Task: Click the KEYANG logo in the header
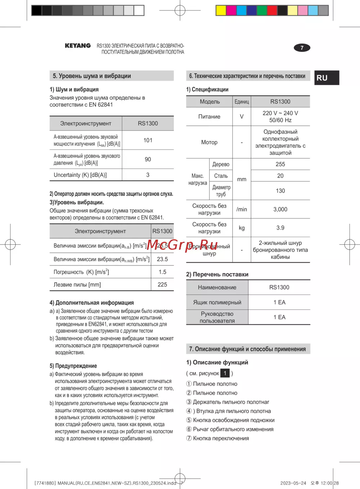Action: pyautogui.click(x=78, y=46)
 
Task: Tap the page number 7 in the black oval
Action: pyautogui.click(x=302, y=48)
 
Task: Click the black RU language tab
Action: pyautogui.click(x=327, y=78)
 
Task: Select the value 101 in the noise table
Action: pyautogui.click(x=148, y=140)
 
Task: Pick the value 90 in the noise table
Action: pyautogui.click(x=148, y=159)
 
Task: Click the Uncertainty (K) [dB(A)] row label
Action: pyautogui.click(x=80, y=175)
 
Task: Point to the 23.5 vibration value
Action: pyautogui.click(x=162, y=259)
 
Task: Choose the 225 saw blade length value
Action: pyautogui.click(x=162, y=285)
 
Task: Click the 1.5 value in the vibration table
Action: pyautogui.click(x=162, y=272)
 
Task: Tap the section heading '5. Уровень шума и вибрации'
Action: pyautogui.click(x=92, y=76)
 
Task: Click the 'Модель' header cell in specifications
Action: pyautogui.click(x=210, y=102)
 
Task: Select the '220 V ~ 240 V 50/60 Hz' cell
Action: pyautogui.click(x=280, y=117)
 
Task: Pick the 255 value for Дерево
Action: pyautogui.click(x=280, y=164)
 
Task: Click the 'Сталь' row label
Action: pyautogui.click(x=221, y=176)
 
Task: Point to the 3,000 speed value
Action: pyautogui.click(x=280, y=209)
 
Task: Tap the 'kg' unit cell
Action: pyautogui.click(x=242, y=228)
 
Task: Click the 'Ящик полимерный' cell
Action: pyautogui.click(x=217, y=302)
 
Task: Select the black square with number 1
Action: pyautogui.click(x=225, y=373)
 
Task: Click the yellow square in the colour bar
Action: pyautogui.click(x=221, y=10)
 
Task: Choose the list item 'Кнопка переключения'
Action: pyautogui.click(x=221, y=438)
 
